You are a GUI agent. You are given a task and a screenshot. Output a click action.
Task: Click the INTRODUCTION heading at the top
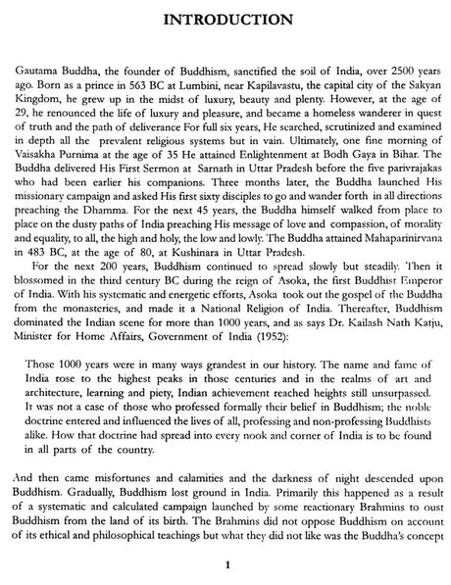(226, 17)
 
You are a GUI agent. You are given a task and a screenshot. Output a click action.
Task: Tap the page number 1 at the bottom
(226, 564)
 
